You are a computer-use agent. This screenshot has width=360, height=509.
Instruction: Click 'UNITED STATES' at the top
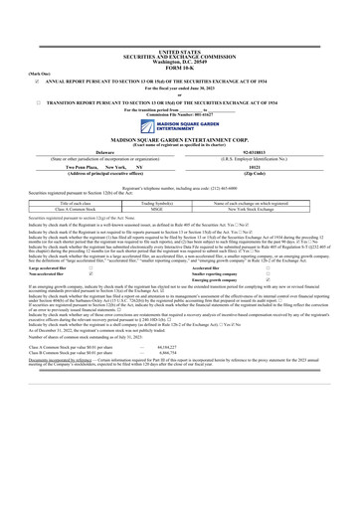click(x=179, y=21)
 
